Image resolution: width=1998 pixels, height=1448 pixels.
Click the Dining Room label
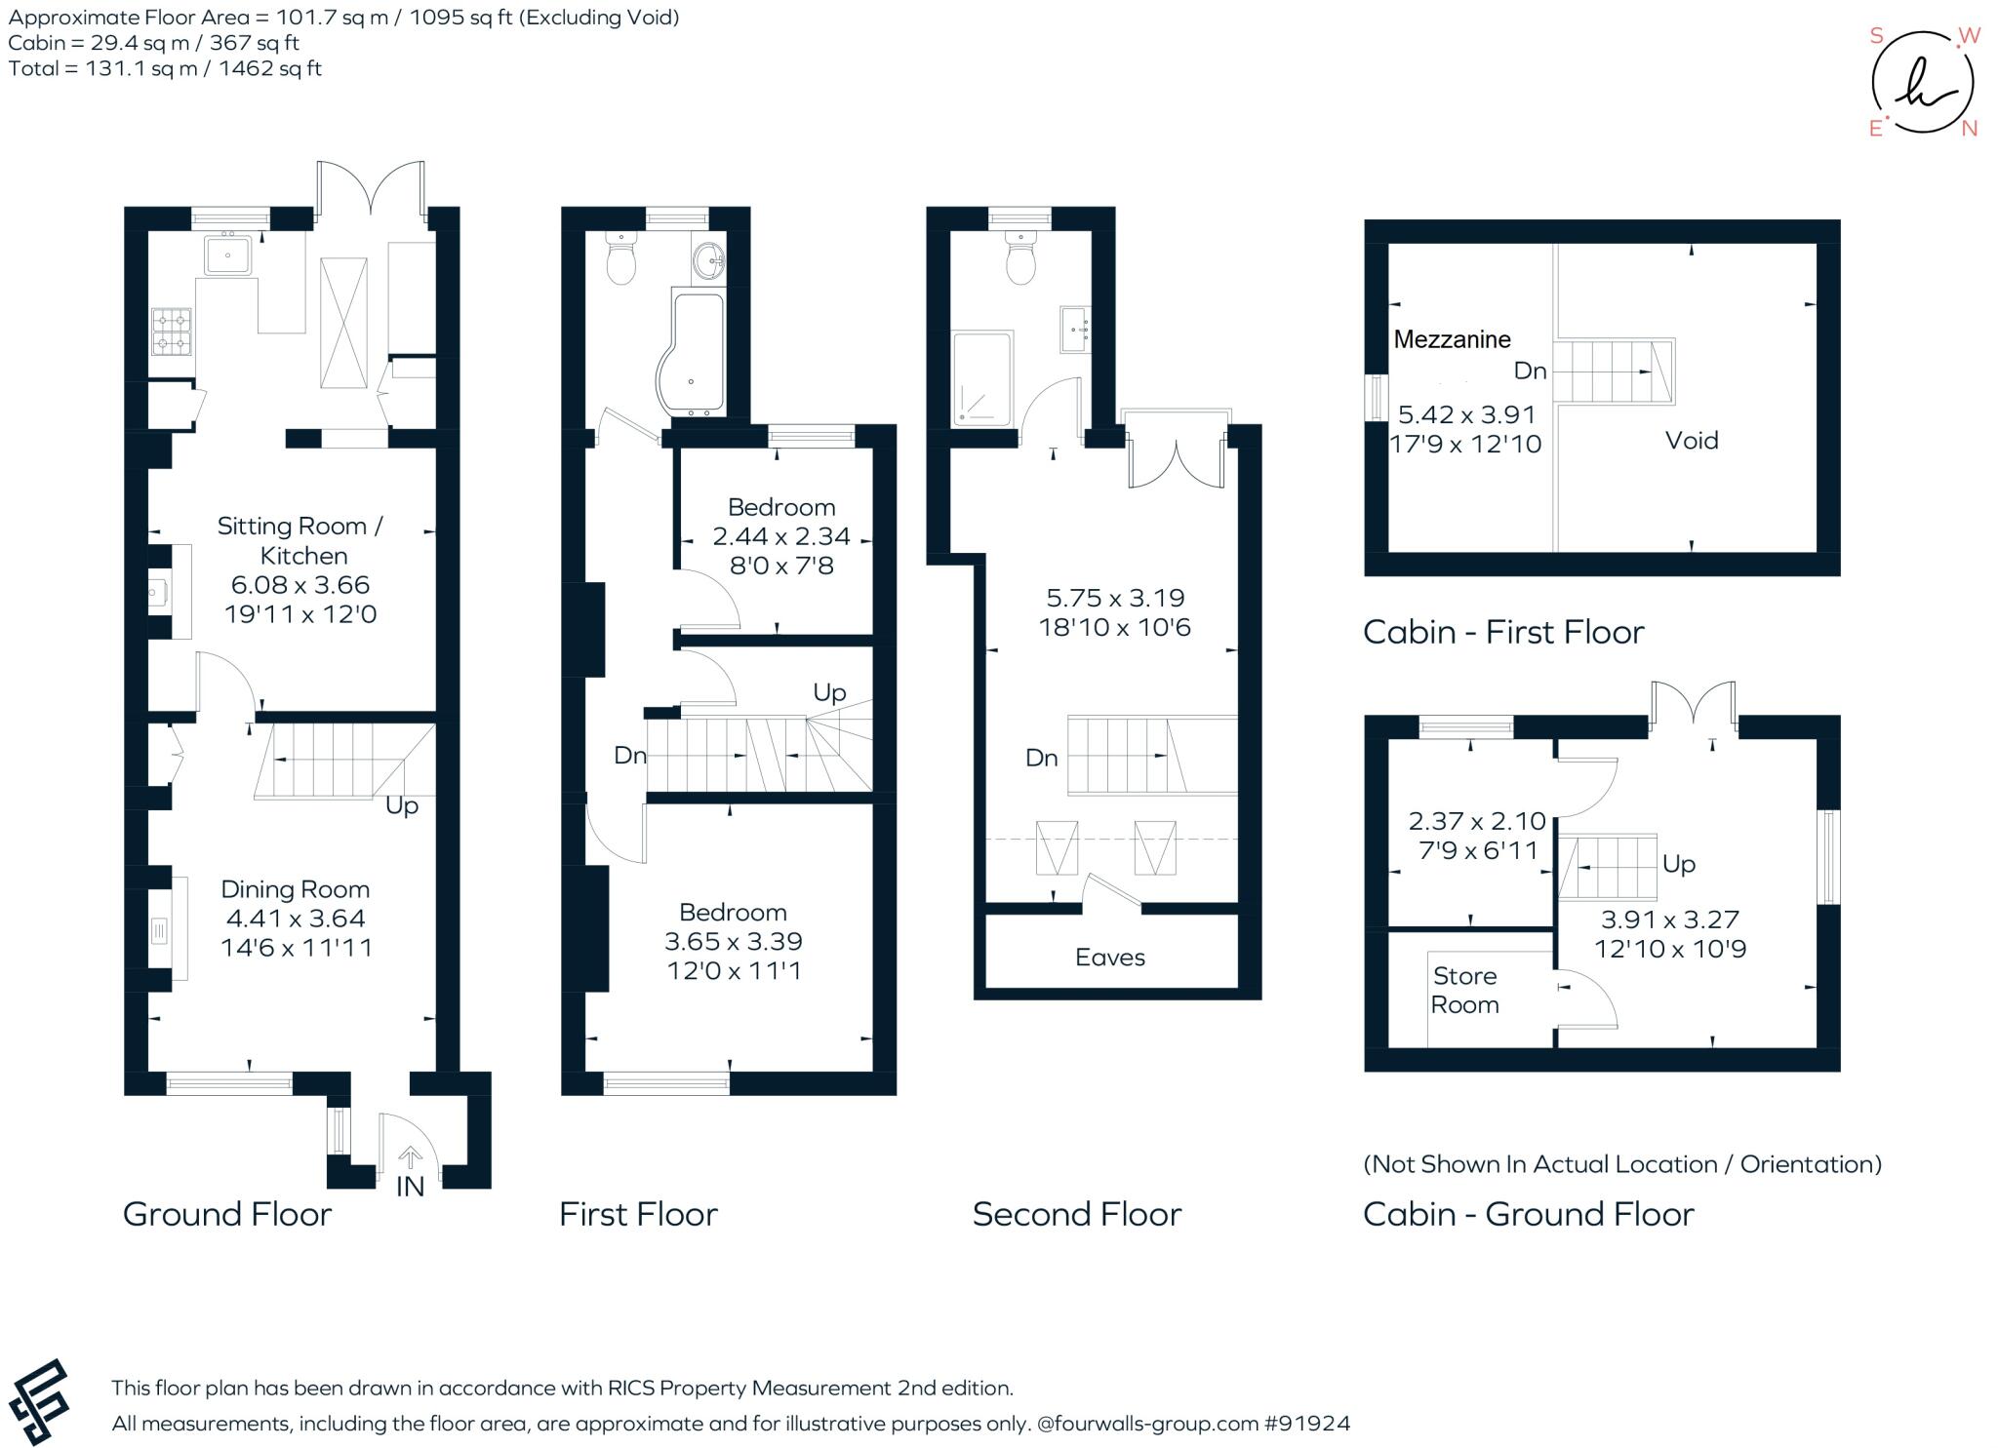pyautogui.click(x=296, y=889)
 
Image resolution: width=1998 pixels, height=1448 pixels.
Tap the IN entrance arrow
pyautogui.click(x=411, y=1157)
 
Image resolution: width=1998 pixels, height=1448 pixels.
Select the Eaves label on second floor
pyautogui.click(x=1110, y=958)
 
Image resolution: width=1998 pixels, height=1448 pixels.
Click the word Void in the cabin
pyautogui.click(x=1692, y=441)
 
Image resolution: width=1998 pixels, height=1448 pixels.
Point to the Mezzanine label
pyautogui.click(x=1452, y=339)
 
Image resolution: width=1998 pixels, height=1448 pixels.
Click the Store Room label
pyautogui.click(x=1465, y=991)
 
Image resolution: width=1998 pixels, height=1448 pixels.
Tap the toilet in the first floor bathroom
pyautogui.click(x=620, y=256)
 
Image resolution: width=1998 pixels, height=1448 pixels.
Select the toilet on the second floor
pyautogui.click(x=1020, y=256)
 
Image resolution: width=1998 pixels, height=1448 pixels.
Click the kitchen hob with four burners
pyautogui.click(x=171, y=332)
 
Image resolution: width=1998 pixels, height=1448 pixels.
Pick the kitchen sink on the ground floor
pyautogui.click(x=228, y=254)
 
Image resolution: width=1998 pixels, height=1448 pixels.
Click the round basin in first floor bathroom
pyautogui.click(x=709, y=259)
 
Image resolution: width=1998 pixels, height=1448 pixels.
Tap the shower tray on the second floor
pyautogui.click(x=982, y=379)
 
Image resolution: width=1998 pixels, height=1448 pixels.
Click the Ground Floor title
pyautogui.click(x=227, y=1214)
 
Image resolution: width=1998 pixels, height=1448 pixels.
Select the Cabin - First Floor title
pyautogui.click(x=1503, y=632)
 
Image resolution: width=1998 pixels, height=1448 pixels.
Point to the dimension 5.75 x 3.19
pyautogui.click(x=1115, y=598)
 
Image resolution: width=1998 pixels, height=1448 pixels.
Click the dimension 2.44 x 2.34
pyautogui.click(x=781, y=536)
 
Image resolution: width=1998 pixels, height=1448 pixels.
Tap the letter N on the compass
pyautogui.click(x=1970, y=130)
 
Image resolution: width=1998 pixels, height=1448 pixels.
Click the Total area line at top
pyautogui.click(x=165, y=68)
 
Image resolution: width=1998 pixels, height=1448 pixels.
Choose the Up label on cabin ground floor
pyautogui.click(x=1679, y=864)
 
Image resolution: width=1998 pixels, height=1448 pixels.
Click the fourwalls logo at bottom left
pyautogui.click(x=39, y=1401)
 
